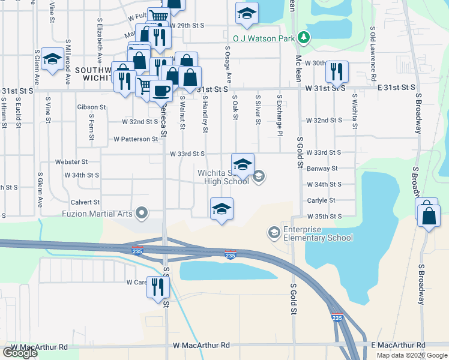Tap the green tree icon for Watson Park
coord(304,38)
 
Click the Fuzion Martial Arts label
coord(98,213)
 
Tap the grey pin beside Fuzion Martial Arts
coord(142,212)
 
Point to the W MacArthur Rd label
coord(201,346)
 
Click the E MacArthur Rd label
coord(397,346)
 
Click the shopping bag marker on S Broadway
coord(429,216)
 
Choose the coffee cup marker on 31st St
coord(161,91)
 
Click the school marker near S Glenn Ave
coord(52,59)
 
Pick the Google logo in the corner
coord(20,353)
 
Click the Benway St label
coord(322,169)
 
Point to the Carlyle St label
coord(322,200)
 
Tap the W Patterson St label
coord(136,139)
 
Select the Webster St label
coord(71,161)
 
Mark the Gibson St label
coord(91,107)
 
